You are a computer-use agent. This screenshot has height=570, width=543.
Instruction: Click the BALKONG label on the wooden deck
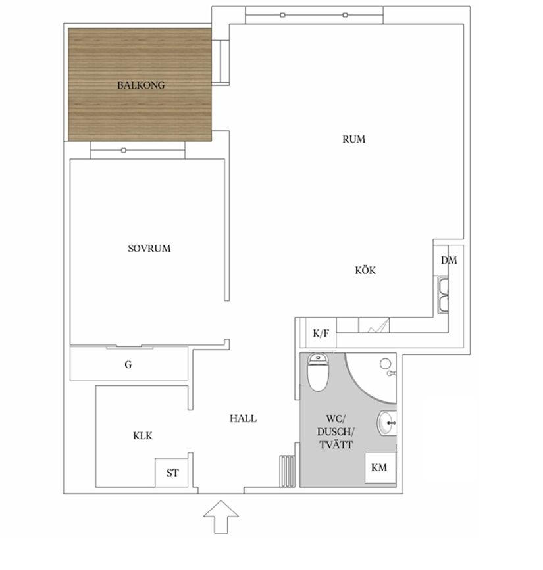141,85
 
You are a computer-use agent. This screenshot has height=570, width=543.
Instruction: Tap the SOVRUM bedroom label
149,249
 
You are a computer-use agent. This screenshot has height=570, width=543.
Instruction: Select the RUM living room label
353,139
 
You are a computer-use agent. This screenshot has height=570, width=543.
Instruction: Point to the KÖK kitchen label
365,270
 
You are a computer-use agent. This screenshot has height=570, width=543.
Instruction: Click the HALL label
243,419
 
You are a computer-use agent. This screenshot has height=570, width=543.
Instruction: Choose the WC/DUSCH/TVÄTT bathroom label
335,432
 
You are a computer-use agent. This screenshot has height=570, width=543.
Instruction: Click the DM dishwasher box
449,260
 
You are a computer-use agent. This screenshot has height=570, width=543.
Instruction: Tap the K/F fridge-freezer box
321,333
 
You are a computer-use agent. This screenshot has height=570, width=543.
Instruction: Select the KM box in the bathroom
379,468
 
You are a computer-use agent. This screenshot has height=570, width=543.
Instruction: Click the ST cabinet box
172,473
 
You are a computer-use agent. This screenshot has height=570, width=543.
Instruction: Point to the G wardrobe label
128,364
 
